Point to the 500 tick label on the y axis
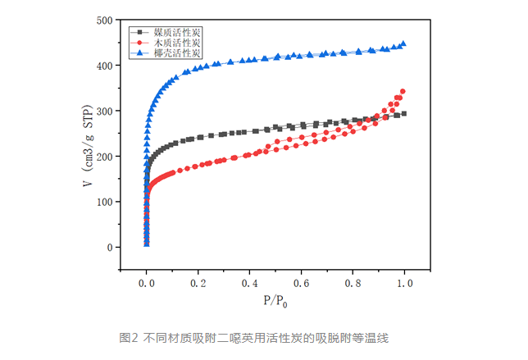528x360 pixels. coord(103,19)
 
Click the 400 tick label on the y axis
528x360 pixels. coord(103,65)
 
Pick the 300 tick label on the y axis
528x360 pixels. coord(103,111)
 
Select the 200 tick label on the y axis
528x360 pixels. coord(103,156)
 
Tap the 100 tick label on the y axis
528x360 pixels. coord(103,202)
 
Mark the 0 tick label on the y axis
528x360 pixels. coord(108,248)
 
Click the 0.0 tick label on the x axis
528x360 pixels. coord(146,283)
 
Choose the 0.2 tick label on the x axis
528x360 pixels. coord(198,283)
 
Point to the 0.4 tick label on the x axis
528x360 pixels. coord(249,283)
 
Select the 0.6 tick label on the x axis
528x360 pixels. coord(301,283)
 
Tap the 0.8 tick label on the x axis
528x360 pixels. coord(353,283)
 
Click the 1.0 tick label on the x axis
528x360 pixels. coord(404,283)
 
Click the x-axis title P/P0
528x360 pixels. coord(275,301)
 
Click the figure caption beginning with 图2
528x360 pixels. coord(264,337)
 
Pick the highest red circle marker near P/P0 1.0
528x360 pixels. coord(403,91)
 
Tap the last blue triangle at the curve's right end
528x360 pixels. coord(403,43)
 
